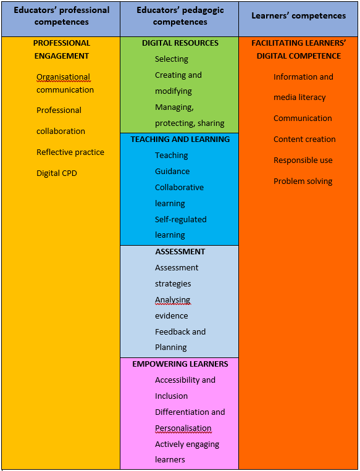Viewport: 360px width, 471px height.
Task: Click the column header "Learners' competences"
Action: point(298,16)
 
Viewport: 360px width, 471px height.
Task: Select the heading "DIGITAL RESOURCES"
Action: point(180,43)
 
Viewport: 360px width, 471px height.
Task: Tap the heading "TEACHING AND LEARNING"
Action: point(180,140)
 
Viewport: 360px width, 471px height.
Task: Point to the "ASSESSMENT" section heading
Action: point(180,252)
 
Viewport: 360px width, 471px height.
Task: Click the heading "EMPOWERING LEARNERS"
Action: point(180,364)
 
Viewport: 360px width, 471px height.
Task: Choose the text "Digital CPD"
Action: point(56,173)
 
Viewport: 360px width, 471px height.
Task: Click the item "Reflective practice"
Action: point(70,152)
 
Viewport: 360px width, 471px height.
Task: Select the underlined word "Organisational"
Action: point(63,78)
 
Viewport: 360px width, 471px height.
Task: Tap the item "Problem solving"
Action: point(303,181)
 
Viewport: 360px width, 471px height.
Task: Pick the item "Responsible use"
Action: point(303,160)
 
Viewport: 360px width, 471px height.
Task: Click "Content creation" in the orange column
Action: point(304,140)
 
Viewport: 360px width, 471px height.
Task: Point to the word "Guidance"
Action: point(172,172)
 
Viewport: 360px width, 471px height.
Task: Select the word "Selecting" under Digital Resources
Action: point(172,59)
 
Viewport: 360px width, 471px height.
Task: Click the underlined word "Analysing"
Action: point(172,300)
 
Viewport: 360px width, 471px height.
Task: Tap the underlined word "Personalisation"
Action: point(183,428)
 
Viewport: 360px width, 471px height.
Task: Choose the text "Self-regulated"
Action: point(180,220)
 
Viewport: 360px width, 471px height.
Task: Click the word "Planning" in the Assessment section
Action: point(170,348)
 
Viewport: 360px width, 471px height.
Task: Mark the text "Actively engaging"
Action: point(187,444)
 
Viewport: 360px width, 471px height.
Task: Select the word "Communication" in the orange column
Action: point(303,119)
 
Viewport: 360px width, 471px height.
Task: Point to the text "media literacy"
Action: point(299,98)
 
